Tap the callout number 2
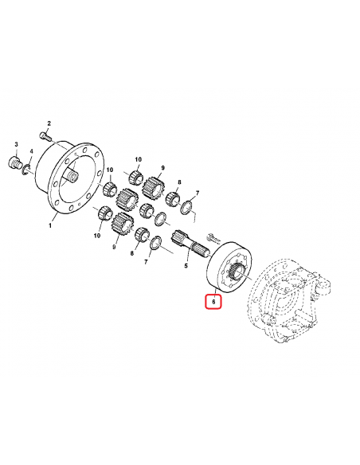click(49, 123)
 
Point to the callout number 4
click(31, 151)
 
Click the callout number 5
click(186, 267)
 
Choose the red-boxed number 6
click(213, 302)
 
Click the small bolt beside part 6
click(212, 236)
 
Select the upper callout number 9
click(162, 168)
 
